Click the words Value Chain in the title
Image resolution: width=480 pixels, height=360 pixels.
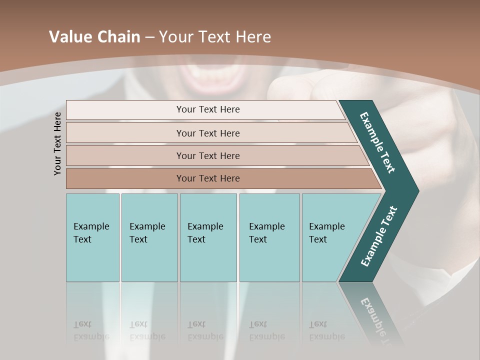click(x=94, y=37)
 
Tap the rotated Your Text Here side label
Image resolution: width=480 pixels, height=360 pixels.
click(x=58, y=143)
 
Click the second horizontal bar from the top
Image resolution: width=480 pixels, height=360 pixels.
click(x=208, y=133)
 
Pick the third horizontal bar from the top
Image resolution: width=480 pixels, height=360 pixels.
click(x=208, y=156)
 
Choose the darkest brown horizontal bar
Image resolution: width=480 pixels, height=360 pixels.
click(x=208, y=178)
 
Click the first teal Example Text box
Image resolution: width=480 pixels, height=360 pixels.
click(x=92, y=237)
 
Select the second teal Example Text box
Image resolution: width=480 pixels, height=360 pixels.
click(x=149, y=237)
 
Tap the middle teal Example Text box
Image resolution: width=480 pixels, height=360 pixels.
click(x=208, y=237)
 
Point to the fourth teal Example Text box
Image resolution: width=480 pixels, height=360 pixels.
click(x=269, y=237)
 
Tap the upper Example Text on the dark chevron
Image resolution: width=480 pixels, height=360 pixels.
click(x=377, y=142)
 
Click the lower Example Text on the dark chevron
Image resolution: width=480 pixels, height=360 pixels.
click(x=379, y=236)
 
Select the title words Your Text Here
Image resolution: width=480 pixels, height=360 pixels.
click(x=215, y=37)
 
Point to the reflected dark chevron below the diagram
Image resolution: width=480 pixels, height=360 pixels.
click(x=372, y=312)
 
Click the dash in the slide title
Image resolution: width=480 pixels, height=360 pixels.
click(x=149, y=37)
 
